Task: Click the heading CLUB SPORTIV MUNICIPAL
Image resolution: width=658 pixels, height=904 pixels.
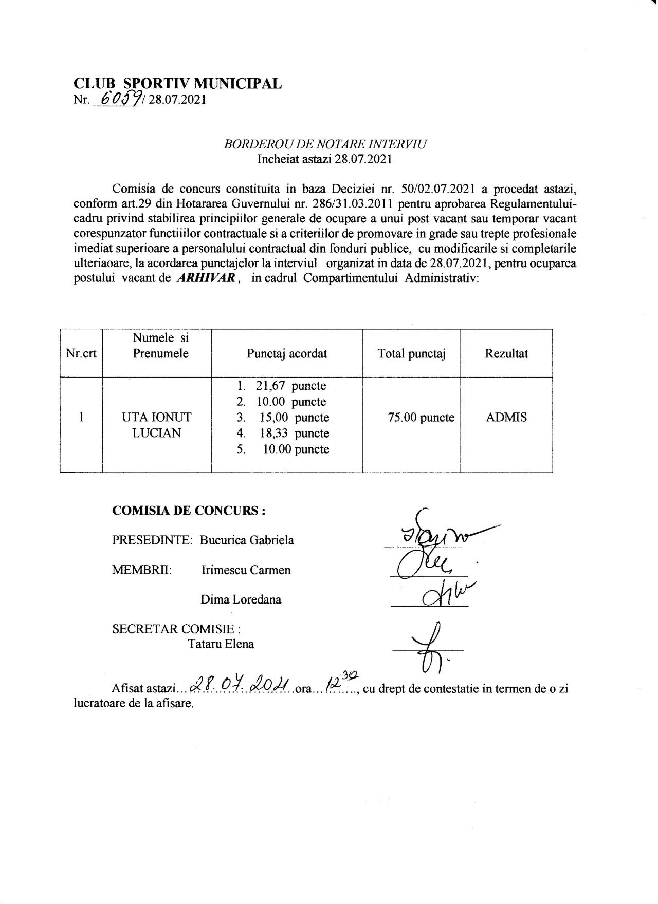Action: tap(178, 84)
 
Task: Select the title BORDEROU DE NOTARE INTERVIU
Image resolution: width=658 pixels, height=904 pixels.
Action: tap(325, 145)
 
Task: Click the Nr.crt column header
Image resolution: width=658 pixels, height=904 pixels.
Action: tap(81, 354)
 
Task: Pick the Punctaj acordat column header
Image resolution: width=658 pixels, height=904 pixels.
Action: tap(287, 354)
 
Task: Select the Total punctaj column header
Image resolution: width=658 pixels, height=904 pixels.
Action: tap(411, 353)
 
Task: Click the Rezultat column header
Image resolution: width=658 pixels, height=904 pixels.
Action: tap(506, 353)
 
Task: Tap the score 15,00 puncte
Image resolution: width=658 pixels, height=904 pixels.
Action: tap(294, 418)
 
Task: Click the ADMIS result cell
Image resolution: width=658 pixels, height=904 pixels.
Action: tap(506, 418)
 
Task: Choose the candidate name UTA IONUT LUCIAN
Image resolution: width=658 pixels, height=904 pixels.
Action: tap(157, 425)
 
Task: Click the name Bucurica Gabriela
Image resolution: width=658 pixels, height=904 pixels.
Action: tap(247, 540)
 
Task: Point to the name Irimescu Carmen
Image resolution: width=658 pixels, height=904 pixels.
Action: tap(246, 570)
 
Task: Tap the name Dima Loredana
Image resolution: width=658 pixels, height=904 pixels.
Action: tap(241, 600)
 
